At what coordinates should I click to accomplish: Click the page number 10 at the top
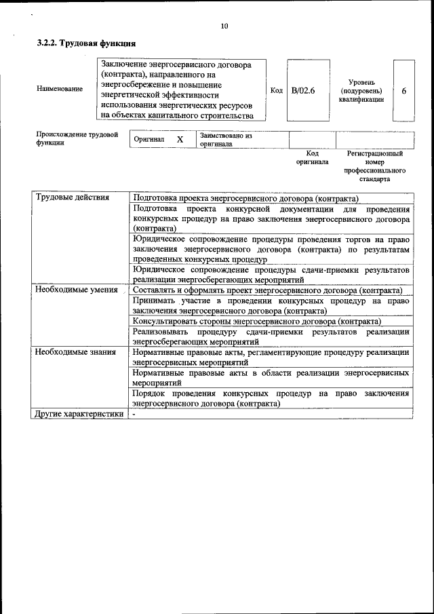click(224, 26)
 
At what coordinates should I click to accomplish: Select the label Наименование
click(60, 89)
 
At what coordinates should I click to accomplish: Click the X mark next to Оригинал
click(180, 139)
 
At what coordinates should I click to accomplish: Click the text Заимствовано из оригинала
click(225, 140)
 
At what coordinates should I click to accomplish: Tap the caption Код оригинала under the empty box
click(312, 158)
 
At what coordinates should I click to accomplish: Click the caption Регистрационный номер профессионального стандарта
click(374, 167)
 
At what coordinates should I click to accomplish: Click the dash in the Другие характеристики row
click(135, 413)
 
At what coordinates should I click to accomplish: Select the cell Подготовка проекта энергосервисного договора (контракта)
click(245, 198)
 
